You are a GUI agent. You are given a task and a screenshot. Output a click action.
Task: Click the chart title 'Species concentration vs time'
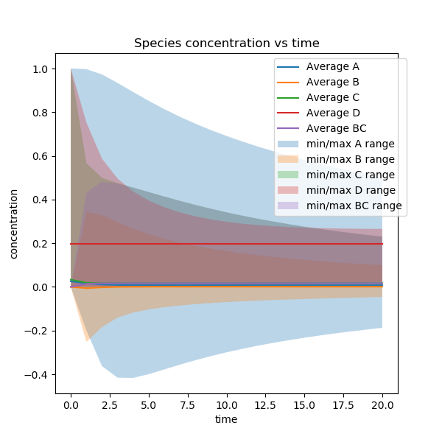[x=227, y=43]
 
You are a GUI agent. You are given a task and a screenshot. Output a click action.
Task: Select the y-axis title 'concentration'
[x=14, y=223]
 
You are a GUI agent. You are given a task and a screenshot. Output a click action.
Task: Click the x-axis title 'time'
[x=227, y=419]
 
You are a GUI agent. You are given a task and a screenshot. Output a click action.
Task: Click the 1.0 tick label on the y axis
[x=41, y=69]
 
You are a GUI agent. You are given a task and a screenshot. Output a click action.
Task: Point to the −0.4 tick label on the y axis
[x=38, y=375]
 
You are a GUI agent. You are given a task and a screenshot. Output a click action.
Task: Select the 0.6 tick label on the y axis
[x=41, y=157]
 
